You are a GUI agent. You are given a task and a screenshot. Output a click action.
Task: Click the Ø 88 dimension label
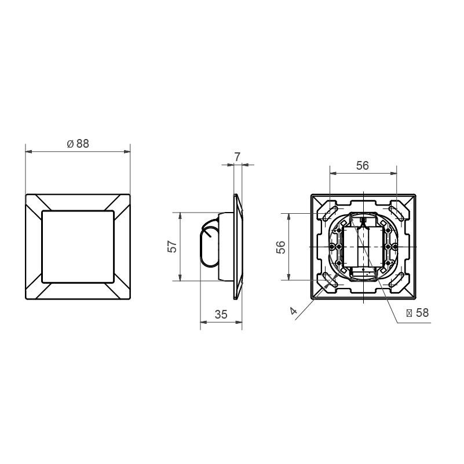(x=78, y=144)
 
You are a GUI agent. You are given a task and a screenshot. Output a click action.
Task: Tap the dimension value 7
(x=238, y=157)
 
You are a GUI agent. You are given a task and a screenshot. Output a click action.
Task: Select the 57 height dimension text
(x=172, y=247)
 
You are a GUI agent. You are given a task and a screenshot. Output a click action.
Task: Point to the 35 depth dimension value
(x=221, y=315)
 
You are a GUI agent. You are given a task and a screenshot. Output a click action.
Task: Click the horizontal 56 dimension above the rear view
(x=363, y=166)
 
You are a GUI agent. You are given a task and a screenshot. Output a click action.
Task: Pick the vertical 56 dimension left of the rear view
(x=281, y=247)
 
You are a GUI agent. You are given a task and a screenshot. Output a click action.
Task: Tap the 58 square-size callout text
(x=422, y=313)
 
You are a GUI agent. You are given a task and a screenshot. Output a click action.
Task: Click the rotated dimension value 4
(x=293, y=310)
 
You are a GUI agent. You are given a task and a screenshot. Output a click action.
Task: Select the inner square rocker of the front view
(x=78, y=247)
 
